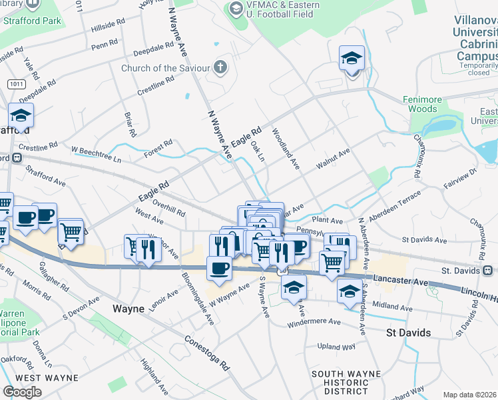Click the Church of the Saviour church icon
pos(220,67)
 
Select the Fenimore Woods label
pos(422,104)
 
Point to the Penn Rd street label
pos(105,45)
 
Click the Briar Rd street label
pos(129,124)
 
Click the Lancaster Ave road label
pos(401,279)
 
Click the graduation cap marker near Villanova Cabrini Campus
pos(351,59)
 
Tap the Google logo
pos(22,392)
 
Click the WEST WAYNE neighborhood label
pos(47,378)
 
